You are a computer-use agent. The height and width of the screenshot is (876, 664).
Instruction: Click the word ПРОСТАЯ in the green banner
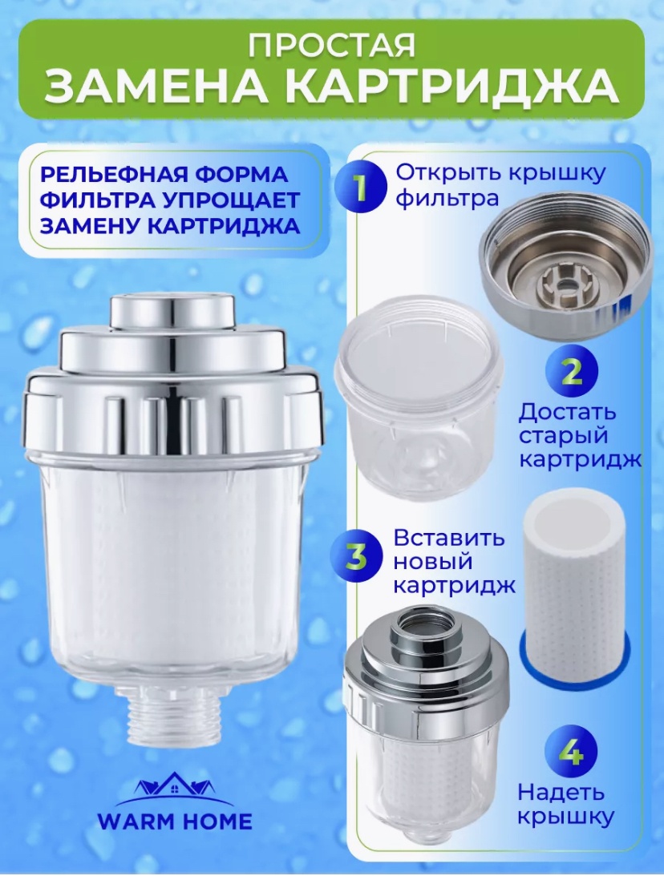[332, 45]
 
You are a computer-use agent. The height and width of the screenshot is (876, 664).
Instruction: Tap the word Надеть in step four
[561, 792]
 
